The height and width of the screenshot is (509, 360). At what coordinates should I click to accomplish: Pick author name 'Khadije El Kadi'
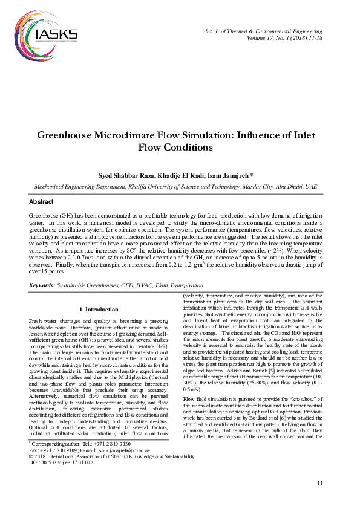180,175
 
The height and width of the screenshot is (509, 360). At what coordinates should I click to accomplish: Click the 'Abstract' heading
42,201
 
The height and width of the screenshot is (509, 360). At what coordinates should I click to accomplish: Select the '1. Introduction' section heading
100,310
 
